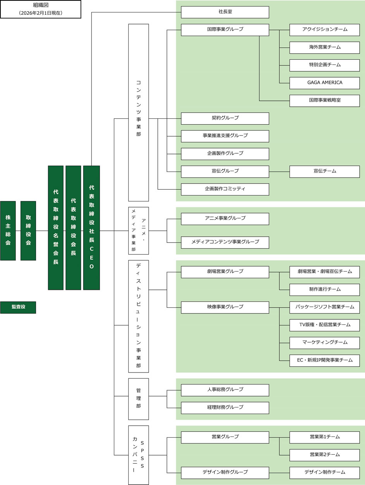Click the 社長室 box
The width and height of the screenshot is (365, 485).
click(x=225, y=12)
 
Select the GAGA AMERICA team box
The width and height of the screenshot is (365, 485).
click(x=324, y=83)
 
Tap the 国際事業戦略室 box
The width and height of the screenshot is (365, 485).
click(x=324, y=100)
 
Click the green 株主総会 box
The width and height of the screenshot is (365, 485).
click(x=8, y=230)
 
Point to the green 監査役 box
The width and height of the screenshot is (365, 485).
click(x=18, y=307)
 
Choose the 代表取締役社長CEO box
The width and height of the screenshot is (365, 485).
click(x=91, y=228)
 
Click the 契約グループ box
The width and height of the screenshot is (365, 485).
click(x=225, y=118)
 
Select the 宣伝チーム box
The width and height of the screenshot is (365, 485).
click(x=324, y=171)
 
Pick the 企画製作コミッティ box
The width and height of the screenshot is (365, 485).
click(x=225, y=189)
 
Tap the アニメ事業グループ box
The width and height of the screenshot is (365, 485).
click(x=225, y=219)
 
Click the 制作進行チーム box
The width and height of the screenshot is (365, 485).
click(x=324, y=289)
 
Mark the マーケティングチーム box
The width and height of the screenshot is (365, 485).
click(x=324, y=343)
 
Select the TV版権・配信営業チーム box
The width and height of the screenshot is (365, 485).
click(x=324, y=325)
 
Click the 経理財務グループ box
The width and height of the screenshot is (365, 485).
click(x=225, y=408)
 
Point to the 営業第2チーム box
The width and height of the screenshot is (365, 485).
click(x=324, y=455)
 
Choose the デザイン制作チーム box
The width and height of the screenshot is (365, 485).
click(x=324, y=473)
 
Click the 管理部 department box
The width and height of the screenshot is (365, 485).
click(x=138, y=399)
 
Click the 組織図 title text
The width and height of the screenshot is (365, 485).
click(x=41, y=5)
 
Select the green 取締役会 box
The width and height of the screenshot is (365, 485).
click(x=28, y=230)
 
